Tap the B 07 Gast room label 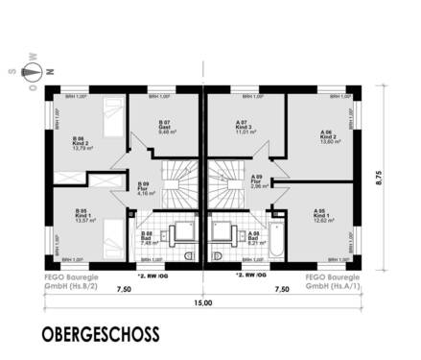click(166, 127)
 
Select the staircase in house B click(176, 187)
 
